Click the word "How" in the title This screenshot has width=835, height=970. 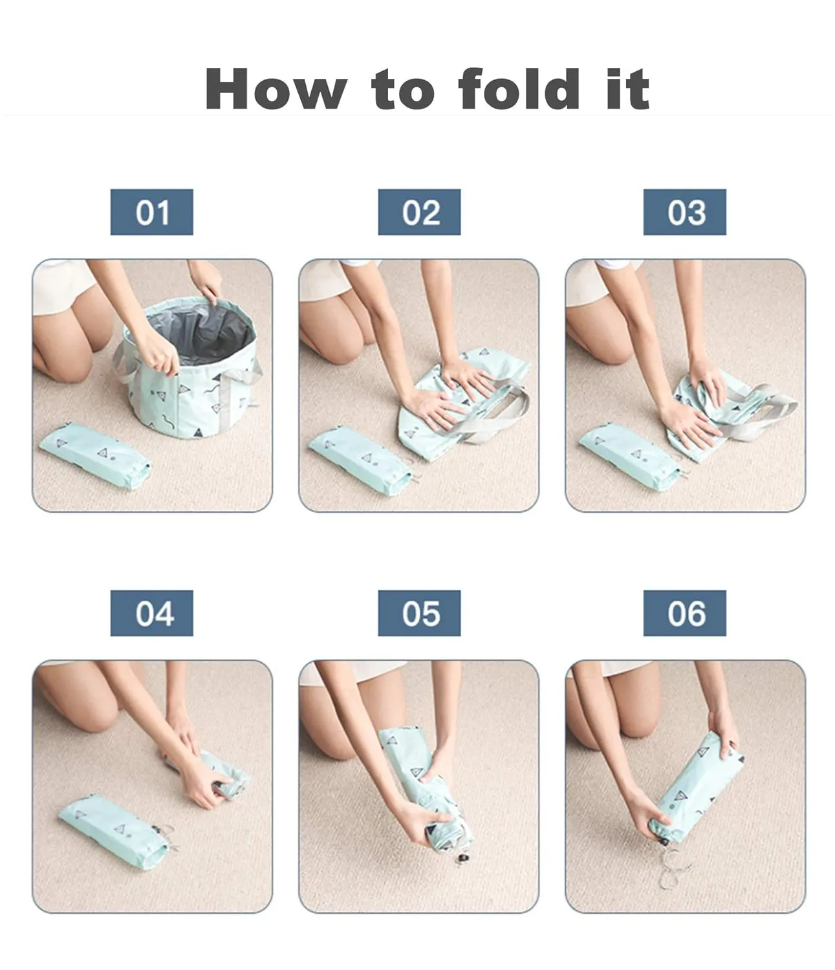pos(276,89)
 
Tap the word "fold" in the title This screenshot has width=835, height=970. pos(519,89)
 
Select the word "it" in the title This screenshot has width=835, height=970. pos(627,89)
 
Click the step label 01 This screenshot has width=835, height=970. pos(151,212)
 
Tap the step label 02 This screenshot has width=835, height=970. pos(419,212)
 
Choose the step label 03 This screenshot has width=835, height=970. pos(684,212)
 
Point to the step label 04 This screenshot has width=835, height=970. pos(151,613)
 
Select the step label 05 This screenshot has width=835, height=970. pos(419,613)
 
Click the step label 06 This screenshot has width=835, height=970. pos(684,613)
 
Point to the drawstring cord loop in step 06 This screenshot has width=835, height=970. pos(673,863)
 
